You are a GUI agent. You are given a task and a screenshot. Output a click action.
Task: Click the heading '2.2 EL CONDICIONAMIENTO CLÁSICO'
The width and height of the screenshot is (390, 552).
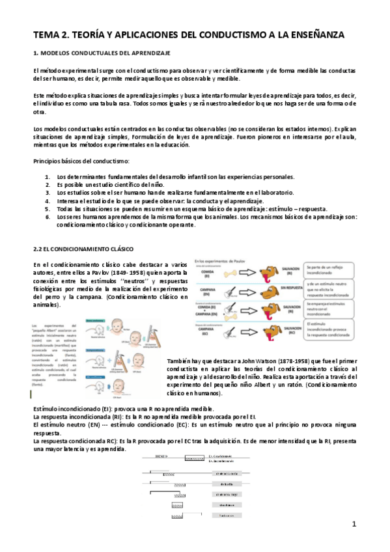click(83, 249)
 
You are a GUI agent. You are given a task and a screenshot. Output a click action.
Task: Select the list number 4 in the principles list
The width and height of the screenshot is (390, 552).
click(47, 200)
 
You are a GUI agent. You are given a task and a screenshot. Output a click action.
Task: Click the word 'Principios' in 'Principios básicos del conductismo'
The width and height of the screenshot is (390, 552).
click(48, 161)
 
